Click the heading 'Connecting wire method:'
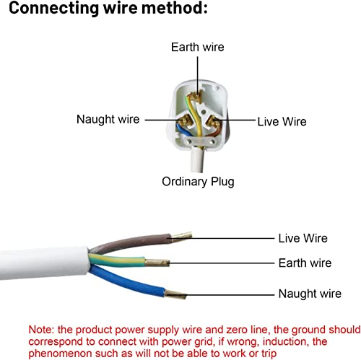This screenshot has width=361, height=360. tap(108, 8)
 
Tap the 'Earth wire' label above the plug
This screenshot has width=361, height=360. tap(198, 47)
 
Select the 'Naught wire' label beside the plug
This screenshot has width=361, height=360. tap(108, 119)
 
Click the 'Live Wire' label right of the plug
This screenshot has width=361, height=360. tap(282, 121)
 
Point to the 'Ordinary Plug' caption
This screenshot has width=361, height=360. tap(198, 182)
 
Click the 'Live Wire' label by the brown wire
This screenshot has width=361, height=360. tap(303, 238)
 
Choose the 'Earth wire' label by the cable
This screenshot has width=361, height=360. tap(305, 263)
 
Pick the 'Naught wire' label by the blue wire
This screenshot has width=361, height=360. tap(310, 294)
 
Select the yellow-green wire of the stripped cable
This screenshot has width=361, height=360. tap(118, 260)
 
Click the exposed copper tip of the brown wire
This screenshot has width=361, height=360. tap(182, 236)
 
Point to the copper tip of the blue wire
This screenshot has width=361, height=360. tap(175, 294)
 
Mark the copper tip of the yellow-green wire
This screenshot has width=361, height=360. tap(157, 263)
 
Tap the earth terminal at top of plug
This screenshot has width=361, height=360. tap(196, 97)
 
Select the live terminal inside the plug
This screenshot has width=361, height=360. tap(214, 122)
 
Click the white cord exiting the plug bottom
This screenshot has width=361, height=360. tap(197, 159)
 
